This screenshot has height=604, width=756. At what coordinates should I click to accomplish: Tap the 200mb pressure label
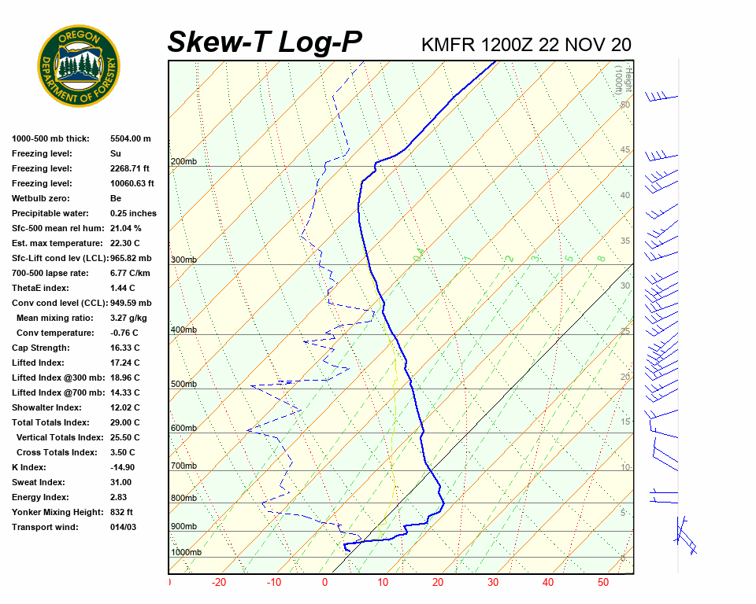pos(183,162)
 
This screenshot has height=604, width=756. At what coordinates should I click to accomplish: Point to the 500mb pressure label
pos(183,385)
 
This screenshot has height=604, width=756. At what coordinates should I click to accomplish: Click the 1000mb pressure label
pos(186,553)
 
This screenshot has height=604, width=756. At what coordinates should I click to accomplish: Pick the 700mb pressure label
pos(183,466)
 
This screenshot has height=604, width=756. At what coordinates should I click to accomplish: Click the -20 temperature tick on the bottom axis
pos(219,583)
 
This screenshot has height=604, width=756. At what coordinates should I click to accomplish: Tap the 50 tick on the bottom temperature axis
pos(603,583)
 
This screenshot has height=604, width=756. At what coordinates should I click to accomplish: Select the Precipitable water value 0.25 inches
pos(133,213)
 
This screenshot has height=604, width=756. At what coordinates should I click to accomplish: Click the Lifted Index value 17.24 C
pos(125,363)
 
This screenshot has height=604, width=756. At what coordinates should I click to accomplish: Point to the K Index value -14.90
pos(122,467)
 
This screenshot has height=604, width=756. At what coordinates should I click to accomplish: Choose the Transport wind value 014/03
pos(124,527)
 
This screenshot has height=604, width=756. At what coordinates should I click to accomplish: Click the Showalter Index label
pos(46,407)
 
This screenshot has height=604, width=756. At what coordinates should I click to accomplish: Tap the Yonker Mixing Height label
pos(54,512)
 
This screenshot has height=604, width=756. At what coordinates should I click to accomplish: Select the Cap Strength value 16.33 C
pos(125,348)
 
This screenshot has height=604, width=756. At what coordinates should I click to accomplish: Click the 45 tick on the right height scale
pos(625,150)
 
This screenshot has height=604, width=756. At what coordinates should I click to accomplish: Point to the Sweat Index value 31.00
pos(121,482)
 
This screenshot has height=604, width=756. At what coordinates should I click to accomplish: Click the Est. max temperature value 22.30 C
pos(125,243)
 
